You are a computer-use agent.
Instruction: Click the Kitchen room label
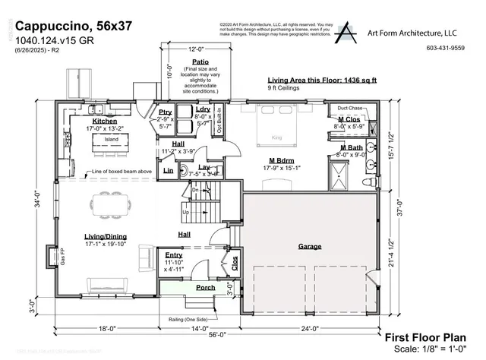coord(104,121)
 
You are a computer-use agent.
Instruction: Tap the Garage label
coord(309,246)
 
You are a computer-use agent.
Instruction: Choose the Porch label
coord(205,287)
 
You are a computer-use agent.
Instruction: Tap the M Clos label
coord(350,120)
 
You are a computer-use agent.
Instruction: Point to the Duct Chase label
coord(351,109)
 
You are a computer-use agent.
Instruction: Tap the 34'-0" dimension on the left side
coord(36,203)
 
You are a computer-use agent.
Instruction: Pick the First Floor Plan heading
coord(428,337)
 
